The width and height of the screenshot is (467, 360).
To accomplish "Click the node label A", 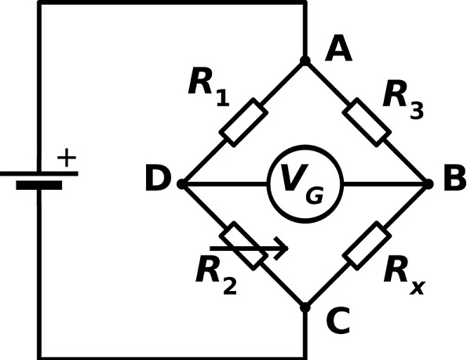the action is tap(338, 48).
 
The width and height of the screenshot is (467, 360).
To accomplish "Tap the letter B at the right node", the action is tap(454, 178).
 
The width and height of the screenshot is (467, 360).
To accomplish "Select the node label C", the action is tap(338, 321).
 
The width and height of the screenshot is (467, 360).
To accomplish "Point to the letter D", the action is tap(158, 179).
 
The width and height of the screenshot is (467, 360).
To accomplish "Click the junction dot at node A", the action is tap(305, 60).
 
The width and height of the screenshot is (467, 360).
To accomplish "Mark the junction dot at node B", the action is tap(429, 184).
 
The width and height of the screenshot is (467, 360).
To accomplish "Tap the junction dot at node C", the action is tap(305, 307).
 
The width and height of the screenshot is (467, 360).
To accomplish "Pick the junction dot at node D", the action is tap(181, 184).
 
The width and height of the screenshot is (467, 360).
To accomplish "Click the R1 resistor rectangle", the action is tap(243, 122).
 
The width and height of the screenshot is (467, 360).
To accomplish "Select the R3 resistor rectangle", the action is tap(367, 122).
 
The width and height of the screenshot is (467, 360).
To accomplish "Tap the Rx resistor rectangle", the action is tap(367, 245).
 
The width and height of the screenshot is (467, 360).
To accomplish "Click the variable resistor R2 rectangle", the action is tap(243, 245).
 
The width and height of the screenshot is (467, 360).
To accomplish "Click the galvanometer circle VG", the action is tap(305, 147).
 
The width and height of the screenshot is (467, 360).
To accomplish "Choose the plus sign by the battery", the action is tap(67, 158).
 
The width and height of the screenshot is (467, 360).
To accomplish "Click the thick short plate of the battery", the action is tap(39, 185).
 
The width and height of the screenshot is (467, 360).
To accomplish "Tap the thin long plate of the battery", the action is tap(39, 174).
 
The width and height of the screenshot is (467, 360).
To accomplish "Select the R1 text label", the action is tap(209, 86).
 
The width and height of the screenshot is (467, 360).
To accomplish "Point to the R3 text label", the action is tap(403, 100).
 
